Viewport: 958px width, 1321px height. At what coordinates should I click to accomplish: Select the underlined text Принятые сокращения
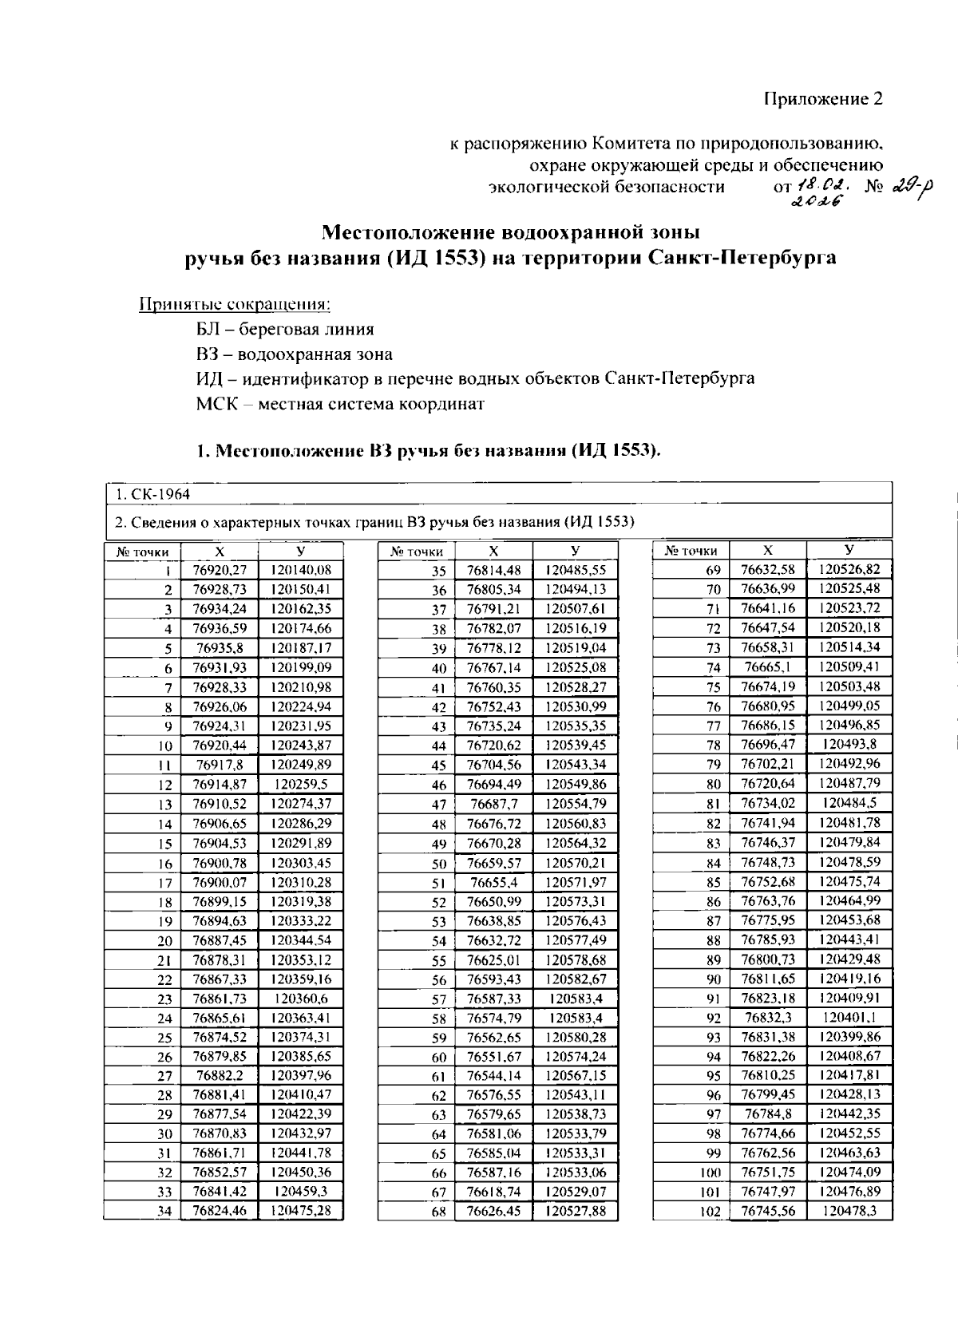coord(235,304)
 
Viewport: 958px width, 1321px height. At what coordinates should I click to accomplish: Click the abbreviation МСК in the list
coord(216,403)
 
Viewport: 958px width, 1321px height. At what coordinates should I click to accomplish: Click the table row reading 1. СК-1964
coord(151,494)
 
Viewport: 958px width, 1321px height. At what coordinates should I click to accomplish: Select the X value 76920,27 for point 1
coord(220,570)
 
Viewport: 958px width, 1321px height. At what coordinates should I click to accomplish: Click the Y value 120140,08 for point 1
coord(300,570)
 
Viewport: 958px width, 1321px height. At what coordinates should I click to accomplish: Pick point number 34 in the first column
coord(164,1212)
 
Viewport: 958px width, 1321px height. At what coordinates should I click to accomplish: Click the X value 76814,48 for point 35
coord(493,570)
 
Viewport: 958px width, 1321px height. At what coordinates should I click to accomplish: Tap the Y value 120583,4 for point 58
coord(576,1018)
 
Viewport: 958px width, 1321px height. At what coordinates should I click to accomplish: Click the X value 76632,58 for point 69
coord(767,569)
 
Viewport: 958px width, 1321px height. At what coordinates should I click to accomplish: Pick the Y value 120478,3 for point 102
coord(849,1211)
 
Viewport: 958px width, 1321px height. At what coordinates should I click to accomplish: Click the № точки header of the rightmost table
coord(691,551)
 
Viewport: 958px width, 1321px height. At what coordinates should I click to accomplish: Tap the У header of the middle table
coord(576,551)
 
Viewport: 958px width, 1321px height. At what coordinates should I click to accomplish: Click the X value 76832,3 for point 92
coord(767,1018)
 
